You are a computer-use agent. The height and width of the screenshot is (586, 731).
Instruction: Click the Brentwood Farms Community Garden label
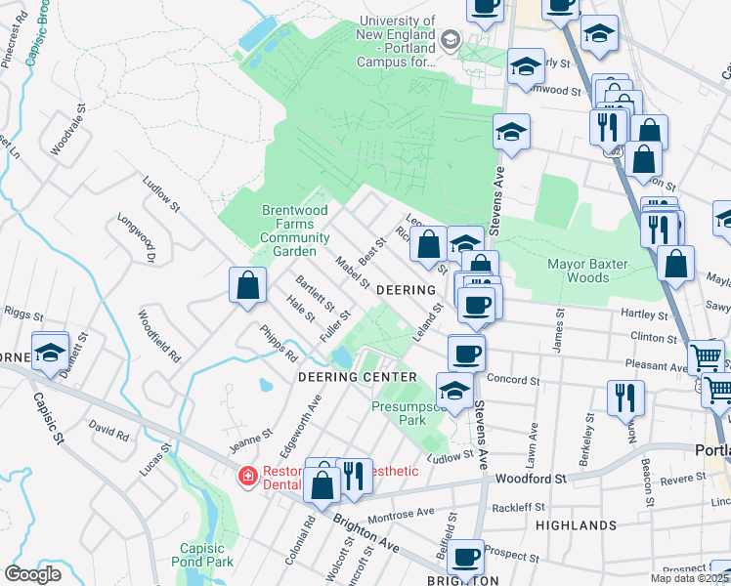click(295, 230)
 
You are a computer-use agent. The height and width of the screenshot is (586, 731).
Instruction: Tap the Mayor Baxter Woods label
click(564, 270)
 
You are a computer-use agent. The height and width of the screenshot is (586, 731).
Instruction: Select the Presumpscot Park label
click(401, 413)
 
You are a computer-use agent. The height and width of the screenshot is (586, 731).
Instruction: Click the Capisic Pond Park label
click(206, 555)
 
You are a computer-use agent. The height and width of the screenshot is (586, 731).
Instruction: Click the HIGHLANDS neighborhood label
click(577, 525)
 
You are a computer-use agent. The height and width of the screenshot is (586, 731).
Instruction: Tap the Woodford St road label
click(531, 479)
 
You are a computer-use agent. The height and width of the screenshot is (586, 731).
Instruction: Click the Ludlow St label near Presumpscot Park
click(450, 455)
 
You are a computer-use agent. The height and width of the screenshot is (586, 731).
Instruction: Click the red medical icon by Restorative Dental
click(248, 477)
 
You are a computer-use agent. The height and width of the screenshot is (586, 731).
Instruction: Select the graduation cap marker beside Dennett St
click(50, 352)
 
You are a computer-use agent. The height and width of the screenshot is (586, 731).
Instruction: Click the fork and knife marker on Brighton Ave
click(354, 476)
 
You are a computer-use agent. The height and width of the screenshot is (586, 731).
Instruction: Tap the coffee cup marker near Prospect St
click(466, 556)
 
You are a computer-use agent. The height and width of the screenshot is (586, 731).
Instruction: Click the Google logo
click(32, 574)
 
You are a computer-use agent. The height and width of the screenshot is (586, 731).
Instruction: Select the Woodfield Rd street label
click(158, 337)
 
